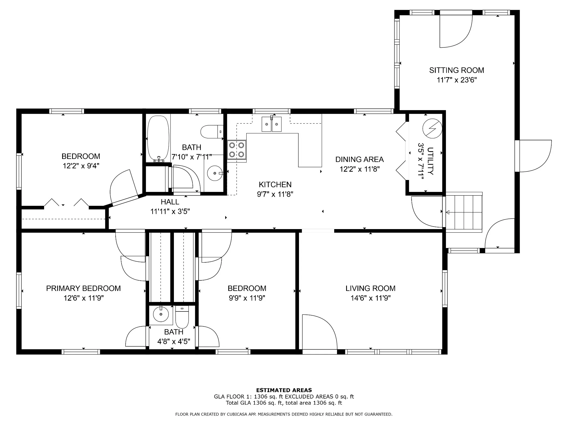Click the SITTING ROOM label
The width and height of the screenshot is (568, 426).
pos(457,70)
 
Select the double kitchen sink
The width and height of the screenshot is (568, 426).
pos(272,124)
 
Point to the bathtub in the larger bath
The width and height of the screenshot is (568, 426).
pos(158,139)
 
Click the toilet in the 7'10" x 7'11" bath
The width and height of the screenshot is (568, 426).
pos(212,132)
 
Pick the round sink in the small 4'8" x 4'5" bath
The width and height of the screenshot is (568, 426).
pos(161,314)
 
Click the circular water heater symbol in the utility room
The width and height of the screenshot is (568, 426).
pos(432,129)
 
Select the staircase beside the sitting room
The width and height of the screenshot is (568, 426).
pos(464,212)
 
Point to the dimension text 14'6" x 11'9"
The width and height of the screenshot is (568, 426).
pos(370,298)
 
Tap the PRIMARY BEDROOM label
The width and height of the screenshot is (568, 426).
pos(83,288)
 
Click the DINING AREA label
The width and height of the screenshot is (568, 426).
pos(359,159)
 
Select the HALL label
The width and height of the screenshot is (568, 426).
pos(170,202)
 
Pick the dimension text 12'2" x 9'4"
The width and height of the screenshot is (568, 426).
pos(81,166)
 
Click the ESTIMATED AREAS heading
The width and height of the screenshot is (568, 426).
pos(284,390)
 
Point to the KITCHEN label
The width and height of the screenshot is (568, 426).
pos(275,184)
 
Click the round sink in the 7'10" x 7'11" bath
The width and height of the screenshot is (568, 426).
pos(215,173)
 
